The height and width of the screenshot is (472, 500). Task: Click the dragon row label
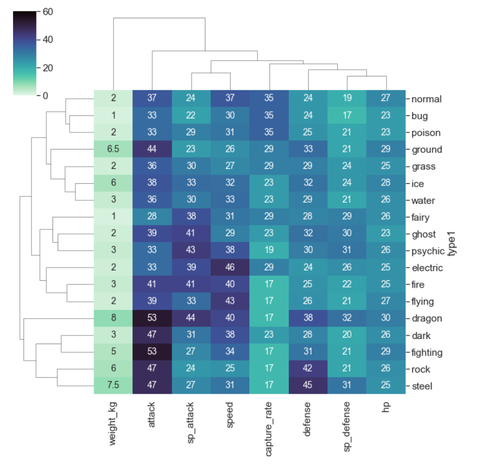(x=426, y=318)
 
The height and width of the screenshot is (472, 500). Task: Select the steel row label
(x=423, y=386)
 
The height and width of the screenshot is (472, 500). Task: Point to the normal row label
(x=426, y=99)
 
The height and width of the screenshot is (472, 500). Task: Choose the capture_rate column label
(x=269, y=428)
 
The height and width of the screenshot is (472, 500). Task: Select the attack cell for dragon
(x=151, y=318)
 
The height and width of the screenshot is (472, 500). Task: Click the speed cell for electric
(x=229, y=268)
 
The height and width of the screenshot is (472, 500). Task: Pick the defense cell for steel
(x=308, y=386)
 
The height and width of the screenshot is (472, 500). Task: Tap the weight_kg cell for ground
(x=113, y=150)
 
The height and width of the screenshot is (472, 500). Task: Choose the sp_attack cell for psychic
(x=191, y=251)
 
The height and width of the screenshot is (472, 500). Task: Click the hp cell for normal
(x=386, y=99)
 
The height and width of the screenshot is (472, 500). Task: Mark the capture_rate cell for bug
(x=269, y=116)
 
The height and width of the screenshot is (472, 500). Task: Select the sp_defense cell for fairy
(x=346, y=217)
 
